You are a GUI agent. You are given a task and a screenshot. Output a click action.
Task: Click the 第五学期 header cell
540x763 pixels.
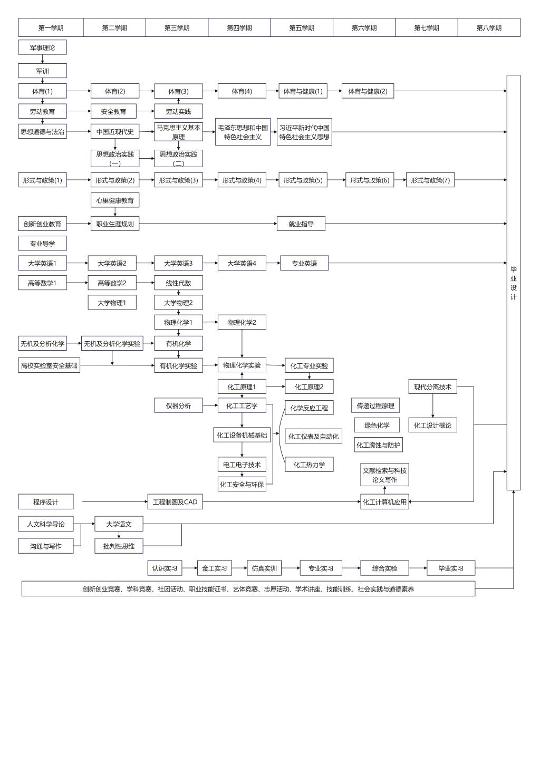[302, 28]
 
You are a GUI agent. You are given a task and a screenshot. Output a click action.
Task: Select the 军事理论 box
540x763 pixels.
[42, 47]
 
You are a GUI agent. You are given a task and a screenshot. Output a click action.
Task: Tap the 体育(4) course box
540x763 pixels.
[242, 91]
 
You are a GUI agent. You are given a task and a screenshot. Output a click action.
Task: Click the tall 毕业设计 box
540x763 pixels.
[513, 283]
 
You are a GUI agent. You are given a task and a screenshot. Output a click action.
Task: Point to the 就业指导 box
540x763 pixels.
[301, 224]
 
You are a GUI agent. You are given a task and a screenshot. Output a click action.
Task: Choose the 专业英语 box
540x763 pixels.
[304, 263]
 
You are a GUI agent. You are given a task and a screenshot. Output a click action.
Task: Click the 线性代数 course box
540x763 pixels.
[178, 283]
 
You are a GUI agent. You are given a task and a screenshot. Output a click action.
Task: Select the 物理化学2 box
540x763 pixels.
[242, 322]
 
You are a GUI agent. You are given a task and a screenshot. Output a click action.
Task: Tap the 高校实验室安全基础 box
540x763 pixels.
[49, 365]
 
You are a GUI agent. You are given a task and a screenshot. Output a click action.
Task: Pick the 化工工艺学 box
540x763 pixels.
[242, 405]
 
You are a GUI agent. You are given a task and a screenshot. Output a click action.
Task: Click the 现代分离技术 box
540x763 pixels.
[432, 387]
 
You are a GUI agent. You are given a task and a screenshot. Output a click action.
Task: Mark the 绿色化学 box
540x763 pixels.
[377, 425]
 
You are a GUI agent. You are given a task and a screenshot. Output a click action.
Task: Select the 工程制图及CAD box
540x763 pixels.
[175, 502]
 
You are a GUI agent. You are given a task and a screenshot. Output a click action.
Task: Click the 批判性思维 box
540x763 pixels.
[119, 546]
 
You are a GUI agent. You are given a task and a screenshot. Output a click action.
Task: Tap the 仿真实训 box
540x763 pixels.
[264, 568]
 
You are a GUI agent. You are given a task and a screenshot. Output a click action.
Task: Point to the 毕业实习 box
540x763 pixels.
[451, 568]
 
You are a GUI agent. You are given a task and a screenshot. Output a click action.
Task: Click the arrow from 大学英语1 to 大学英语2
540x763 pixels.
[77, 263]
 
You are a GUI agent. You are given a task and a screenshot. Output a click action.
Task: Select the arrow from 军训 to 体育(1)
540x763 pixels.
[42, 81]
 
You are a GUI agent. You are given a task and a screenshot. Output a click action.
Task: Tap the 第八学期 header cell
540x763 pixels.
[489, 28]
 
